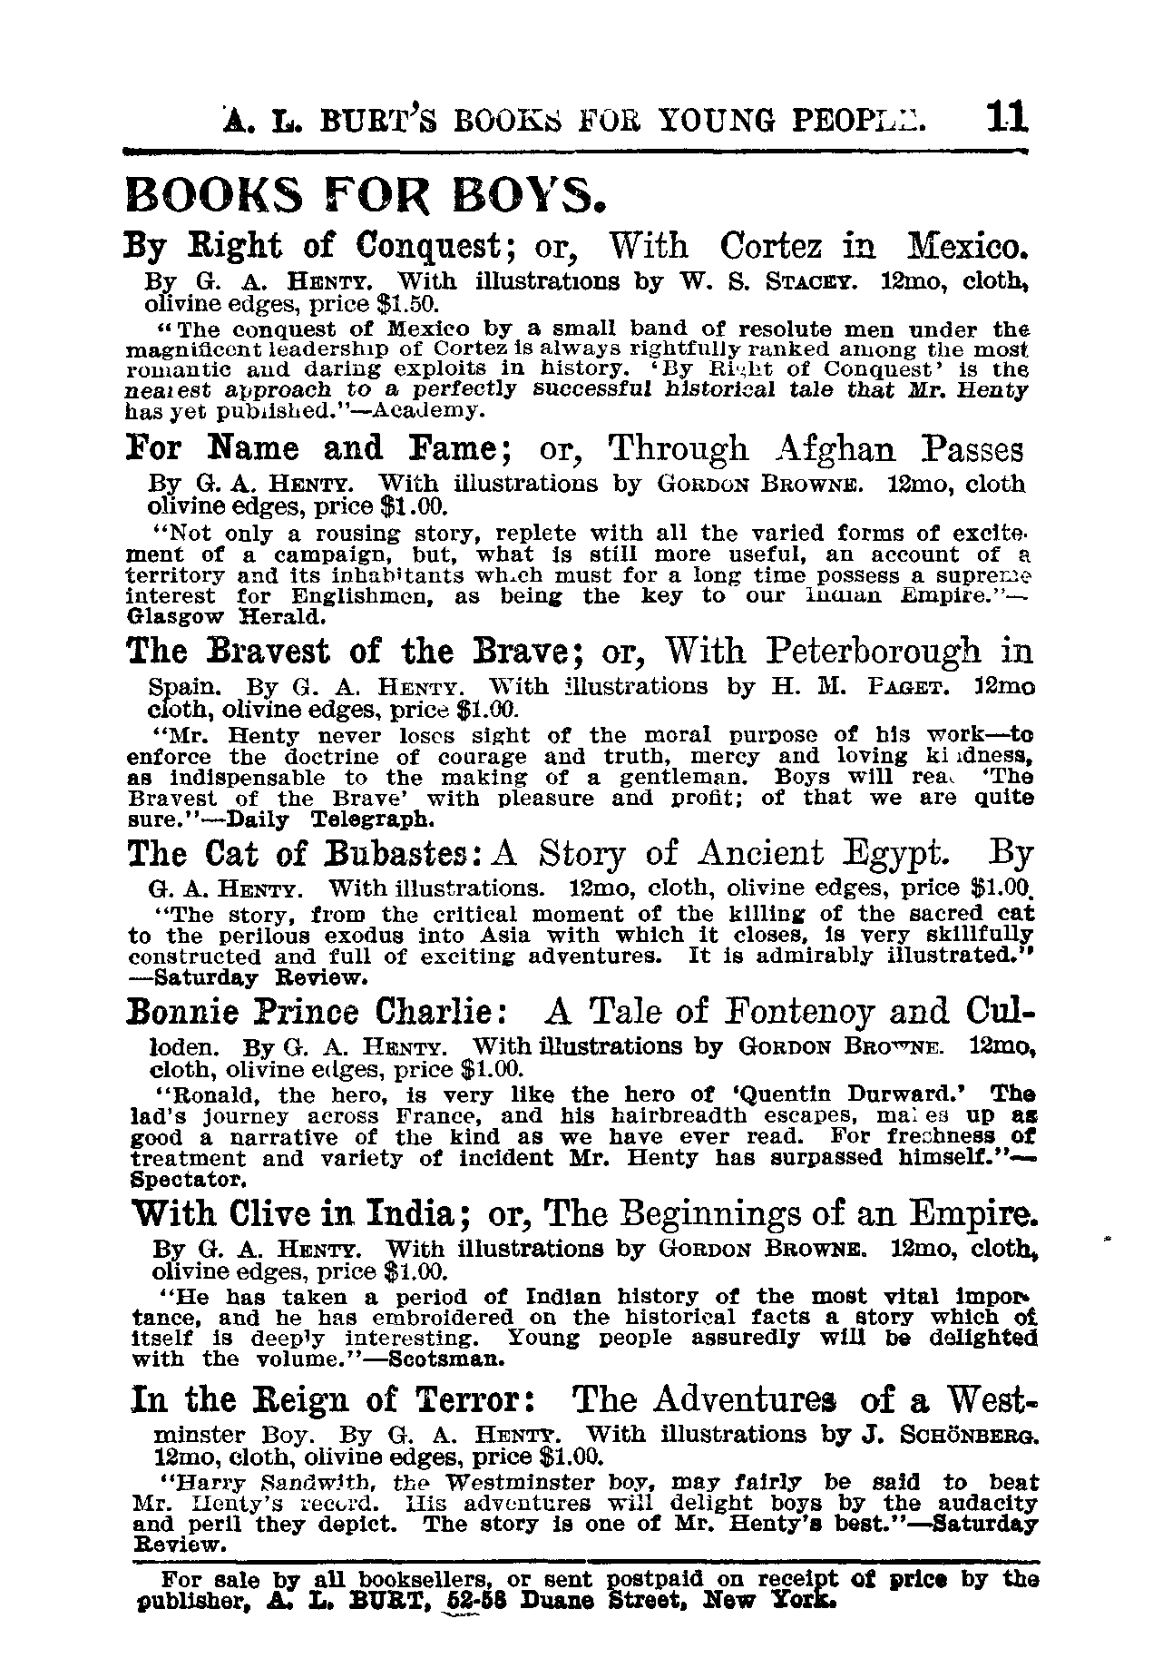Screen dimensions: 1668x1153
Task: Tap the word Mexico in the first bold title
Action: [967, 247]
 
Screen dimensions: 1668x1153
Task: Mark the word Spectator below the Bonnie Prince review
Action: [188, 1181]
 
